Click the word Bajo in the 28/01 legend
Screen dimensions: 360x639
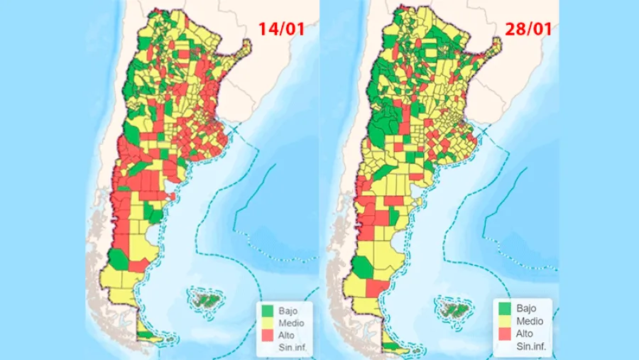pyautogui.click(x=527, y=309)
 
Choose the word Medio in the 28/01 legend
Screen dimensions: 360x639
pyautogui.click(x=530, y=321)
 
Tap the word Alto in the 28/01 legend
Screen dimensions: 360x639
pyautogui.click(x=525, y=333)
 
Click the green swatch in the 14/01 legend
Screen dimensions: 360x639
pyautogui.click(x=267, y=311)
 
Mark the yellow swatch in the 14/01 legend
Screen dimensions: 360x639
pyautogui.click(x=267, y=323)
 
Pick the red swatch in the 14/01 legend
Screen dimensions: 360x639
pyautogui.click(x=267, y=334)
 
